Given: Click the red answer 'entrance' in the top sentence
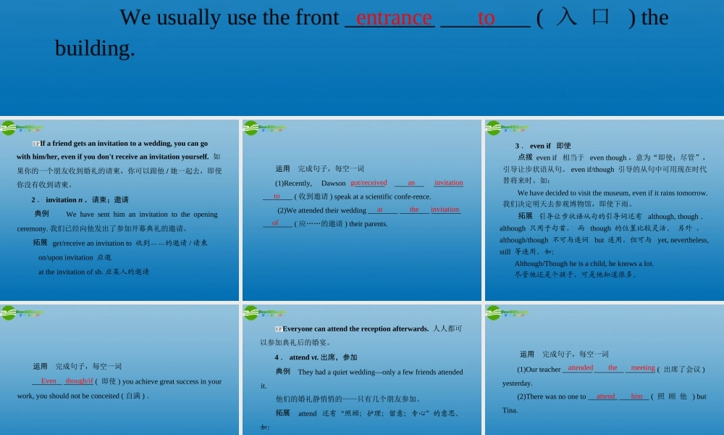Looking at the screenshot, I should coord(394,17).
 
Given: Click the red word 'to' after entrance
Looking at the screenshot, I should coord(486,17).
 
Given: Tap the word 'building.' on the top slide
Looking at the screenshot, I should coord(95,49).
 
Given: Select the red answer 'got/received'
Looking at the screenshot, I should coord(369,183).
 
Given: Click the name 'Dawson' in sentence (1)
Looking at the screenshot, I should coord(333,183).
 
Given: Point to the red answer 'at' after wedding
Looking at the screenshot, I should coord(380,210).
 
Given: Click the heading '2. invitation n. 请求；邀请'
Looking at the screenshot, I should coord(80,199).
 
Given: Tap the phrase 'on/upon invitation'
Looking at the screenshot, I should coord(65,257).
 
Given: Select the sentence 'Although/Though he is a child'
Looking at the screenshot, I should coord(584,264).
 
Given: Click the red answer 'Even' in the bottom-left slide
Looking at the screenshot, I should coord(49,381).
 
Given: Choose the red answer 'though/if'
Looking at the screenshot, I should coord(79,381).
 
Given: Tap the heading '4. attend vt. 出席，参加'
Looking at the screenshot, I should coord(316,357).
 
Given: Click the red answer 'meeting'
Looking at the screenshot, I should coord(642,368).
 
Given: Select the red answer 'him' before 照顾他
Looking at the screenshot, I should coord(636,397).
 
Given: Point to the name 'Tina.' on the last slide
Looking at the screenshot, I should coord(510,410).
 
